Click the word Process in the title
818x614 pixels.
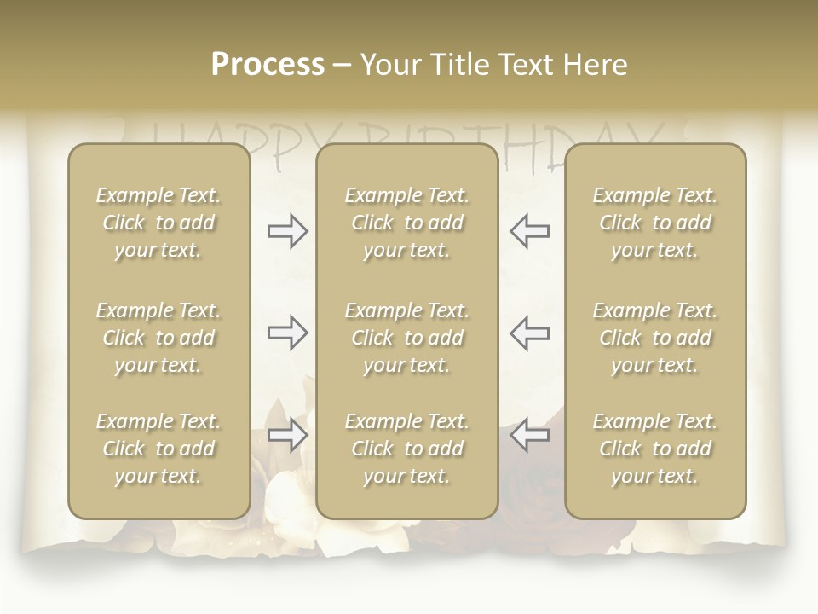pos(268,64)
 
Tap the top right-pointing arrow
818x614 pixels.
pos(287,231)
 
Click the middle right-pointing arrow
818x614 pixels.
pos(287,333)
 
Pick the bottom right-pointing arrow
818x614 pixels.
pos(287,436)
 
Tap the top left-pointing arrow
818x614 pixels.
pos(529,231)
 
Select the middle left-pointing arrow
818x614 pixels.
pos(529,333)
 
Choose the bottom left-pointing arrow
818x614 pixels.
pos(529,436)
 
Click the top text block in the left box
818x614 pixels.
pos(158,223)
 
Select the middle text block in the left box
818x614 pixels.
pos(158,338)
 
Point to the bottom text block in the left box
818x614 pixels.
pos(158,449)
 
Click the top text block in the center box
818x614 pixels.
pos(406,223)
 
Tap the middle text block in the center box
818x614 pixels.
pos(406,338)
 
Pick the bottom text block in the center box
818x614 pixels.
pos(406,449)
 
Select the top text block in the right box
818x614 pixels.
pos(654,223)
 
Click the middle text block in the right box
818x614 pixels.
pos(654,338)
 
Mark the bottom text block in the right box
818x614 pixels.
pos(654,449)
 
